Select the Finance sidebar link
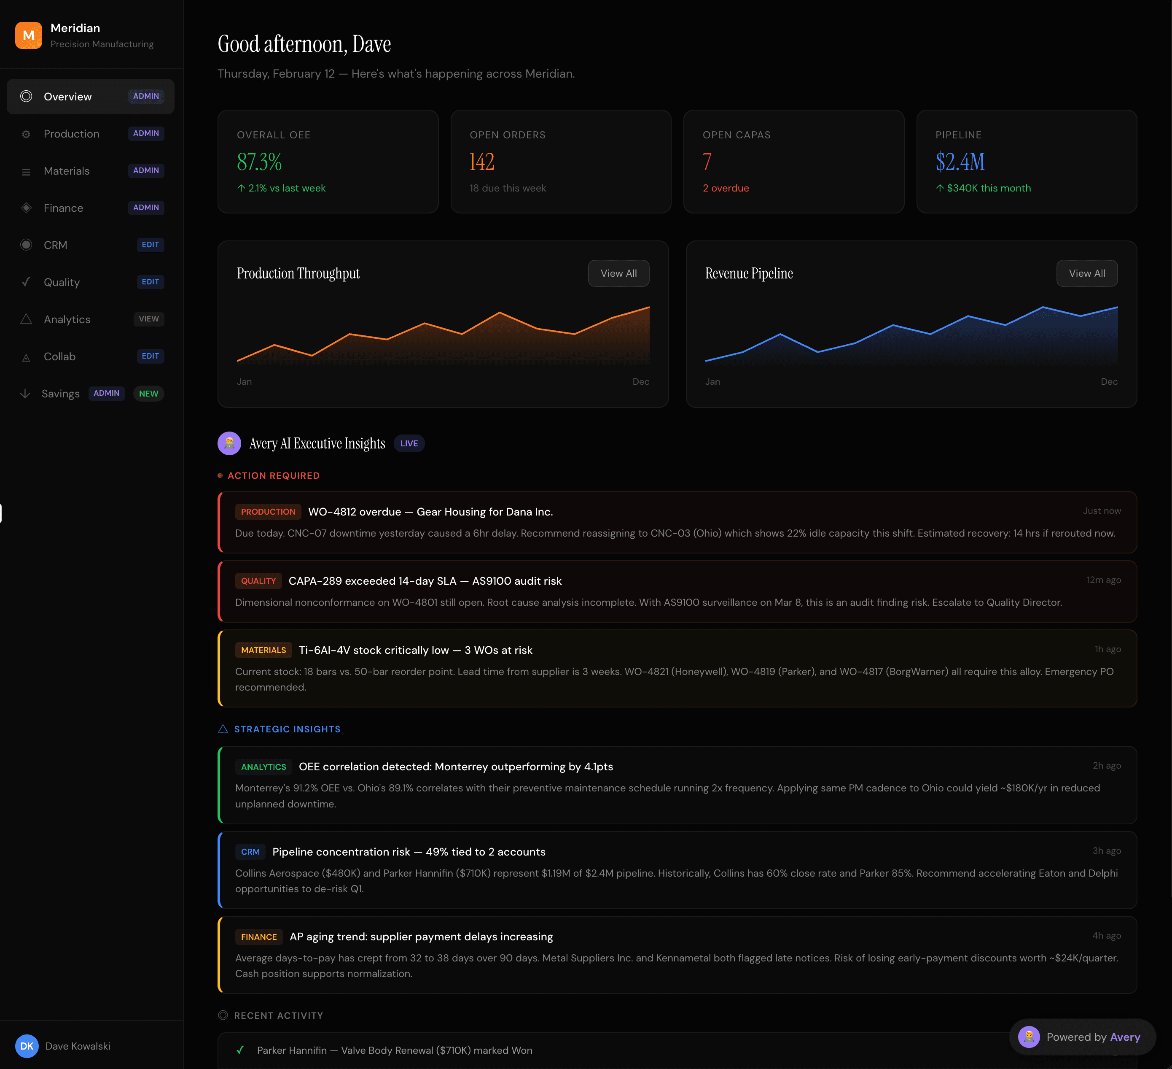(63, 208)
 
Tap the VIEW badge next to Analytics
(149, 319)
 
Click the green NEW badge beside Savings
(148, 394)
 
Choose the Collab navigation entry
(59, 356)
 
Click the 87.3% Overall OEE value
(259, 162)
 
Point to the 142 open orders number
(482, 162)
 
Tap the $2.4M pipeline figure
(960, 162)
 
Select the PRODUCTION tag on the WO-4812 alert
(268, 512)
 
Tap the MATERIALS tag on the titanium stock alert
(263, 650)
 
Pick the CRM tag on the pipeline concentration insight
(250, 852)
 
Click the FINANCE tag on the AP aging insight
(259, 937)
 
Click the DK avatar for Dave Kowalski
(27, 1046)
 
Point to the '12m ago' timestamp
(1103, 580)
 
